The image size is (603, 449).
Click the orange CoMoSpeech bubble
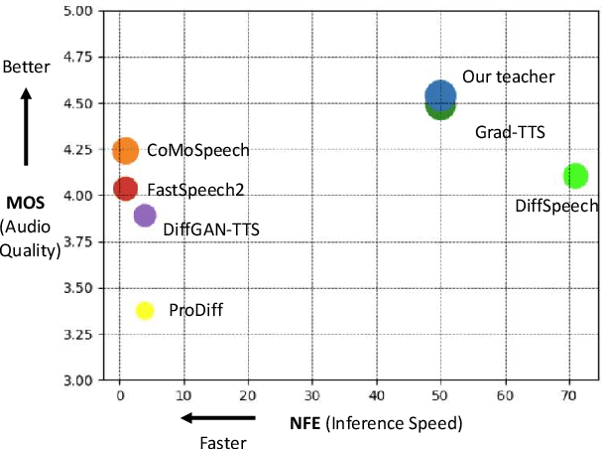point(126,151)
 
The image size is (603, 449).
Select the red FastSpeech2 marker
point(125,188)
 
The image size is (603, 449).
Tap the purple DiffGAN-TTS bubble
point(145,215)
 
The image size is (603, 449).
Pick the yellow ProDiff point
point(145,310)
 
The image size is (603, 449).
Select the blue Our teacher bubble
point(440,95)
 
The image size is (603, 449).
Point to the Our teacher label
point(508,76)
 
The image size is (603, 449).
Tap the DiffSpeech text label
point(556,207)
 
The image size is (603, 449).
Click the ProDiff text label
point(195,311)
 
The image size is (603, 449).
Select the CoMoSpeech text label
point(197,151)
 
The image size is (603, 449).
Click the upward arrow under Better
point(27,125)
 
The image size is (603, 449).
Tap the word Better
point(27,68)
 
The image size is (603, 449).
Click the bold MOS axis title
point(28,203)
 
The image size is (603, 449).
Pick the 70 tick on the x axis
point(569,394)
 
